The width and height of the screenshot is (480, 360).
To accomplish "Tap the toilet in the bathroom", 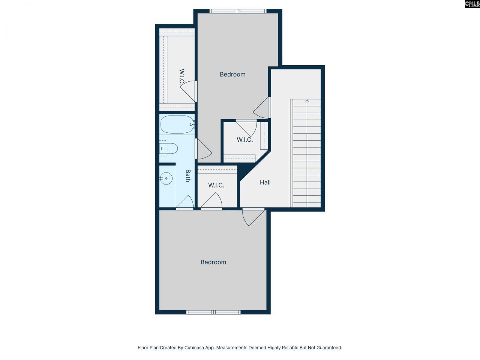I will [x=169, y=148].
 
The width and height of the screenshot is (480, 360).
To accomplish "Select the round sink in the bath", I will [x=166, y=178].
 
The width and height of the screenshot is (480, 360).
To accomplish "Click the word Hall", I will [x=265, y=183].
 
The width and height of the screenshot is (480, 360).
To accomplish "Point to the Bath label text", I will [x=188, y=175].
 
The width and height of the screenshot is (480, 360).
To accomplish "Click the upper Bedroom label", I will [x=232, y=75].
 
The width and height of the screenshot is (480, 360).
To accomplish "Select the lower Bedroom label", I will [x=213, y=262].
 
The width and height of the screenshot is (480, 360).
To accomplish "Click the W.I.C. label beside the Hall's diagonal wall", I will [x=244, y=140].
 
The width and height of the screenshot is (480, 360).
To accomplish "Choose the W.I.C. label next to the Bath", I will [x=216, y=185].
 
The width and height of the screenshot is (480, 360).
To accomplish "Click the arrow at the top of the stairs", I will [x=307, y=101].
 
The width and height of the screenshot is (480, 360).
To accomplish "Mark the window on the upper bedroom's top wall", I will [x=238, y=11].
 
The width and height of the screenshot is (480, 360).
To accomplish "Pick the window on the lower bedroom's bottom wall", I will [x=213, y=312].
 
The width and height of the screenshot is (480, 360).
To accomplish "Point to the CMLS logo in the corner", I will [x=472, y=4].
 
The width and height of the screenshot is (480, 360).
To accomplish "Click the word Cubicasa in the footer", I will [x=195, y=348].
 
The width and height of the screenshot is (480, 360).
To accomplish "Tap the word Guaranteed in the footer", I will [x=328, y=348].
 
